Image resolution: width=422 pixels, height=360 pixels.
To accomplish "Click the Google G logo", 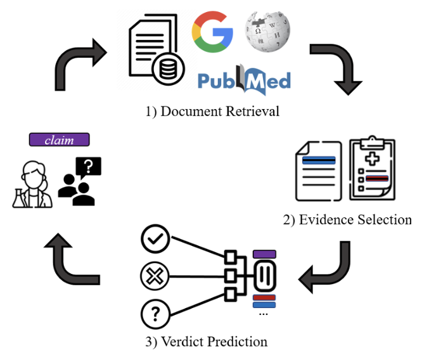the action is pyautogui.click(x=212, y=32).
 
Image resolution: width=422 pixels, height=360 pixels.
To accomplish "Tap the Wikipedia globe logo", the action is pyautogui.click(x=267, y=32).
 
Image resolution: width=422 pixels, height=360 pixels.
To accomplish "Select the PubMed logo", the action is pyautogui.click(x=244, y=80).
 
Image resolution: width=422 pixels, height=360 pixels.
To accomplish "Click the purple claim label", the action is pyautogui.click(x=59, y=139).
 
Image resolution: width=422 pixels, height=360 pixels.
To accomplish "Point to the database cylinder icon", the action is pyautogui.click(x=168, y=69).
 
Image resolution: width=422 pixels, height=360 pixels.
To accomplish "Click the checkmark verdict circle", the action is pyautogui.click(x=155, y=238).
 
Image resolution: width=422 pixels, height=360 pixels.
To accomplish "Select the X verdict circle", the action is pyautogui.click(x=155, y=276).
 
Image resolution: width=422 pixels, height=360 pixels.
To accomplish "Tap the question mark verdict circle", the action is pyautogui.click(x=155, y=314).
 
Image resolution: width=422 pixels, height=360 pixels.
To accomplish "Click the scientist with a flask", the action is pyautogui.click(x=32, y=184).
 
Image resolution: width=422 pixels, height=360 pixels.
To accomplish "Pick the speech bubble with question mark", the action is pyautogui.click(x=89, y=167).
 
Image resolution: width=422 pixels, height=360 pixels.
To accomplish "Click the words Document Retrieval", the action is pyautogui.click(x=220, y=111).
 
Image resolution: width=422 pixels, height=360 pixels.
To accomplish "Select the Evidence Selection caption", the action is pyautogui.click(x=347, y=219).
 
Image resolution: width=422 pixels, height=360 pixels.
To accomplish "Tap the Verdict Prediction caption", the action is pyautogui.click(x=207, y=342).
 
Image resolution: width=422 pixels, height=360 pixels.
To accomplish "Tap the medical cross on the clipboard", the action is pyautogui.click(x=372, y=158).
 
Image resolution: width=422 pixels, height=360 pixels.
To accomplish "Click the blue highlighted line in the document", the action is pyautogui.click(x=319, y=160).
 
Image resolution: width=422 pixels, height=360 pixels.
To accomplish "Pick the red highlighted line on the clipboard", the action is pyautogui.click(x=377, y=178).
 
